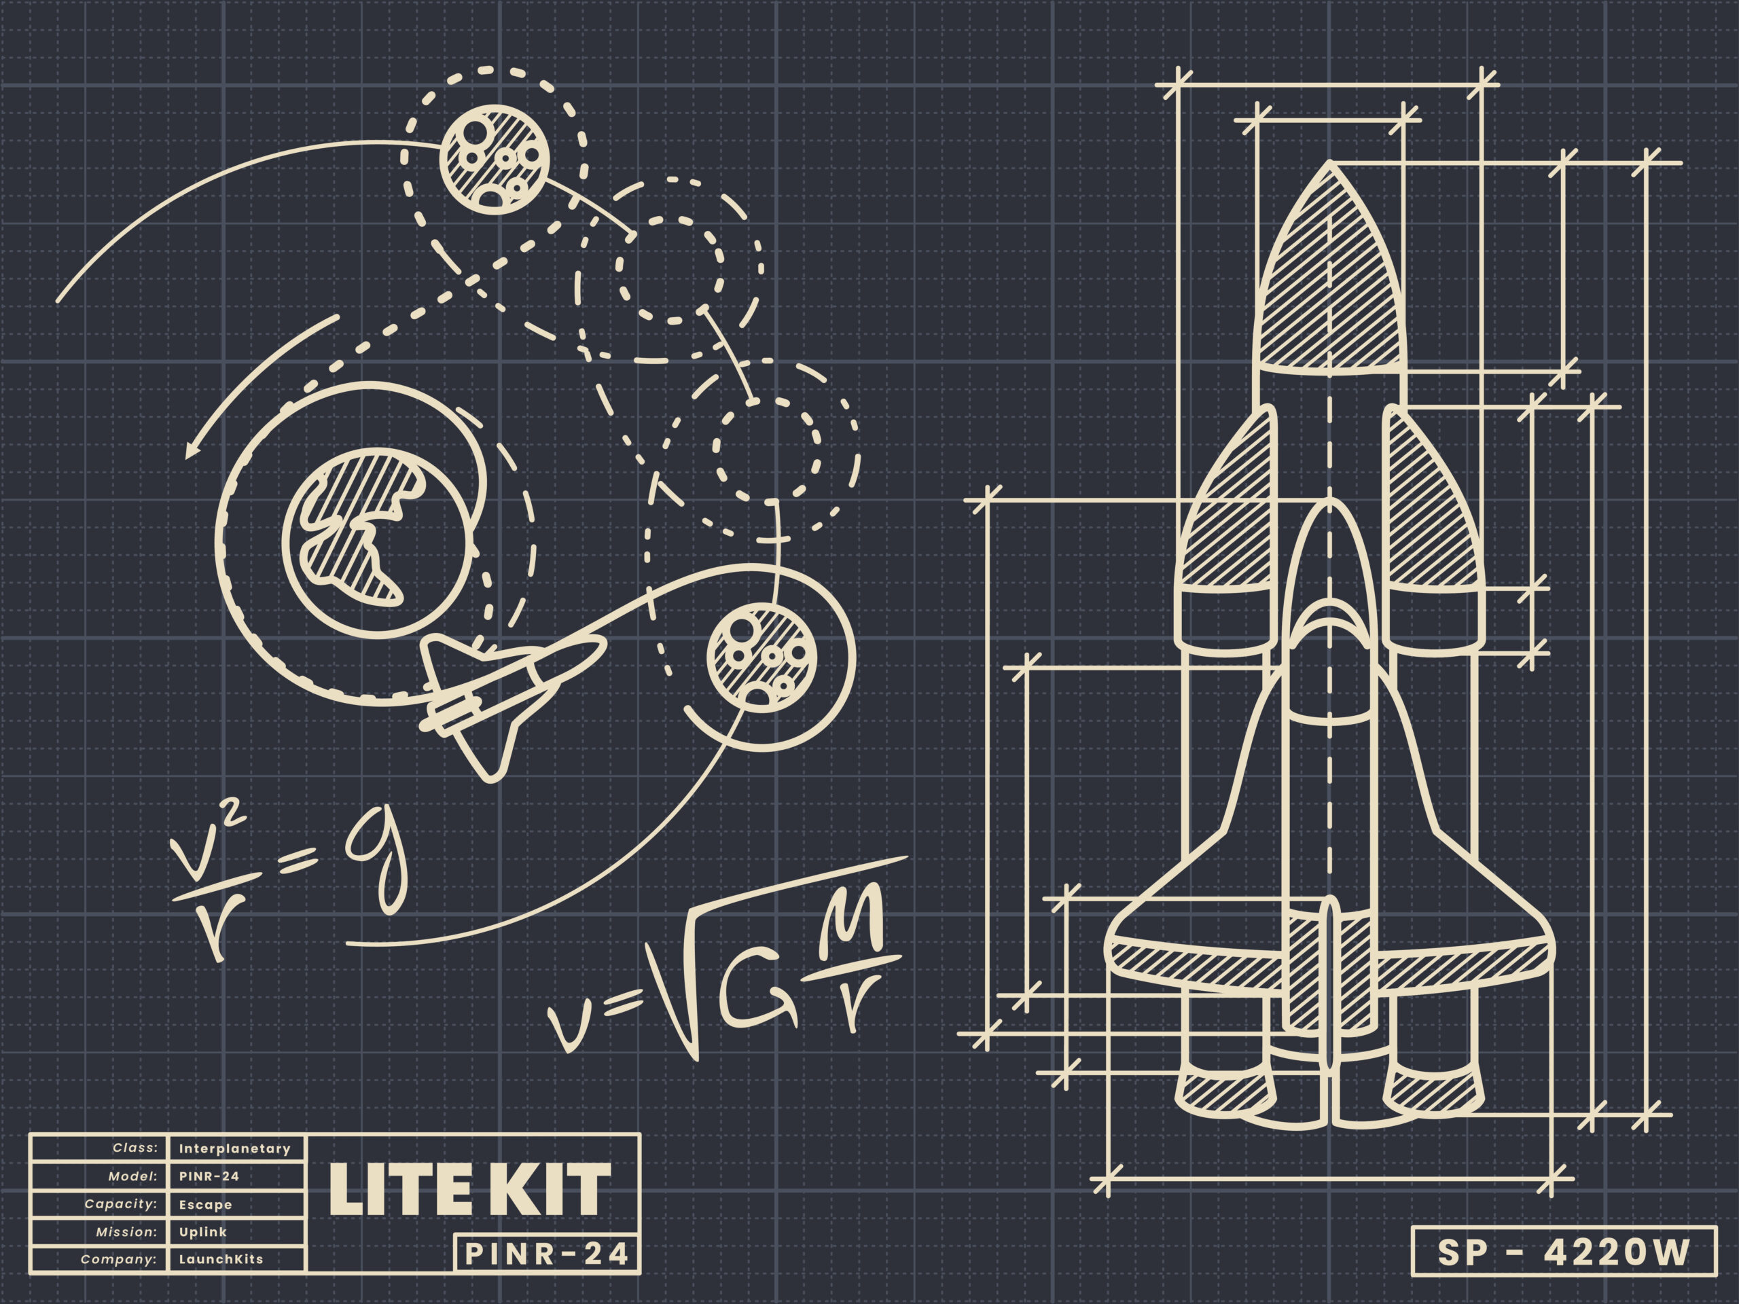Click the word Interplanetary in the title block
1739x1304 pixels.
pyautogui.click(x=234, y=1148)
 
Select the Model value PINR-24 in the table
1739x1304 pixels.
pyautogui.click(x=209, y=1176)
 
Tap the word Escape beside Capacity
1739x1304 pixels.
pyautogui.click(x=205, y=1204)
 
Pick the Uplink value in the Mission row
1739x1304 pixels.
pyautogui.click(x=203, y=1232)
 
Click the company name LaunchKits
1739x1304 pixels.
pyautogui.click(x=221, y=1259)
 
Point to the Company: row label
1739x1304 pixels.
pyautogui.click(x=118, y=1259)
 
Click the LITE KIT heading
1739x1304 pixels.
pyautogui.click(x=469, y=1189)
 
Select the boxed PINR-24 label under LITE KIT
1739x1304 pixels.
pyautogui.click(x=547, y=1254)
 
